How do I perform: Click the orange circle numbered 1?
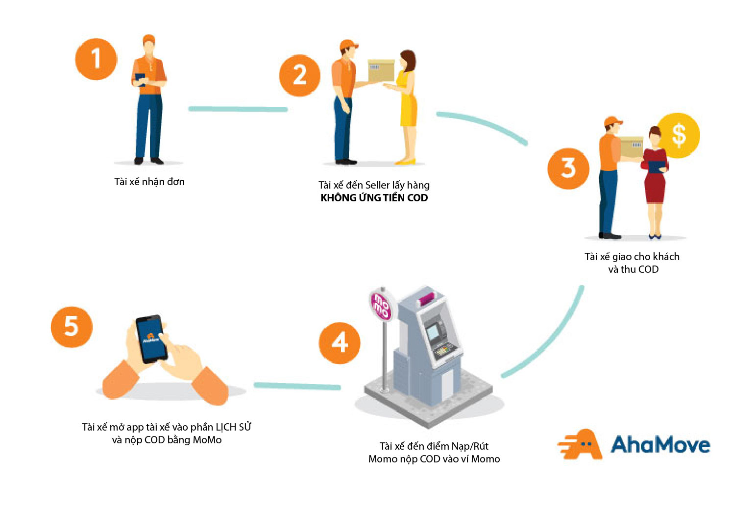[96, 59]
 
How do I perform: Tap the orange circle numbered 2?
[299, 75]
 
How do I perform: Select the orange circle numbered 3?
[568, 169]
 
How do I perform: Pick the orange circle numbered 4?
[340, 343]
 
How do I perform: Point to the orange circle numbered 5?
[72, 327]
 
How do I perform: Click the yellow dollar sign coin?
[679, 135]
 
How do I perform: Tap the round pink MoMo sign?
[381, 305]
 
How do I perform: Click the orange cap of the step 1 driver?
[149, 39]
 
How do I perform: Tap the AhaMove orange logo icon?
[582, 444]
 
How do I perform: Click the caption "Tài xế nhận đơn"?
[149, 182]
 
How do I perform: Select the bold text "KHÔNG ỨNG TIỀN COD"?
[374, 198]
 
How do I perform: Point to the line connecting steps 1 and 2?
[238, 109]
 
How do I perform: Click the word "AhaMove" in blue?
[660, 445]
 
